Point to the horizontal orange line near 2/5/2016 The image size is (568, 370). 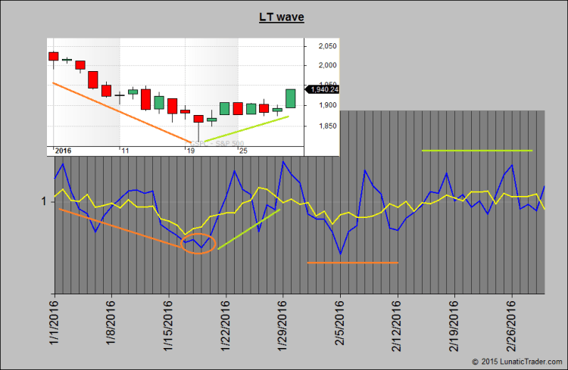352,263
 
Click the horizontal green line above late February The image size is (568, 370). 477,151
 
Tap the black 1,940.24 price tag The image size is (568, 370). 323,89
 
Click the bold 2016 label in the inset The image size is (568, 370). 64,151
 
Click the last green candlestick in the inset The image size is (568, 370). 291,98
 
